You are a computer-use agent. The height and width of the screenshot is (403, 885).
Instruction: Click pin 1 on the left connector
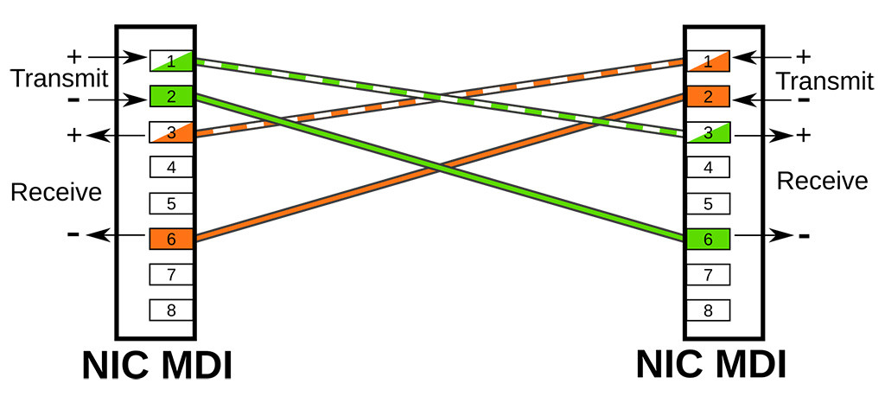tap(171, 61)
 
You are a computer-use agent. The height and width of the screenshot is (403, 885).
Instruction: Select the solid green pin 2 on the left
tap(171, 95)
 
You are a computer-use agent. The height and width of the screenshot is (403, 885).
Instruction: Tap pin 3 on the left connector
tap(171, 131)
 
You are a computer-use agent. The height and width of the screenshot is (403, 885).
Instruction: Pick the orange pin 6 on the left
tap(171, 239)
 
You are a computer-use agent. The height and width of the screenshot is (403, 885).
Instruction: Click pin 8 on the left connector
tap(171, 310)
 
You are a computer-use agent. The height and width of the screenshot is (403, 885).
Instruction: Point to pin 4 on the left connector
tap(171, 167)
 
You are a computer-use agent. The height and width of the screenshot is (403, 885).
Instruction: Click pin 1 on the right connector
tap(709, 61)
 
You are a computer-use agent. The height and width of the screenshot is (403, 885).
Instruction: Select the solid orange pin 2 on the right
tap(709, 95)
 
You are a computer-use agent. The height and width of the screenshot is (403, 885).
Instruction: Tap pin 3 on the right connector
tap(709, 131)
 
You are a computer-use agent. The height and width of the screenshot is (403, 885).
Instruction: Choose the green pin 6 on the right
tap(709, 239)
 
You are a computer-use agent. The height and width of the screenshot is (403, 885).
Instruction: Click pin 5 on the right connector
tap(709, 203)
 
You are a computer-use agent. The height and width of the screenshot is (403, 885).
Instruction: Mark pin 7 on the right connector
tap(709, 275)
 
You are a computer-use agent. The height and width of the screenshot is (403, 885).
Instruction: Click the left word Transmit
tap(59, 80)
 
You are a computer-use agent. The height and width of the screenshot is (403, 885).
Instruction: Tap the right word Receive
tap(822, 181)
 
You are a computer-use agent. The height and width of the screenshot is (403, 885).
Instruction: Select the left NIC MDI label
tap(157, 366)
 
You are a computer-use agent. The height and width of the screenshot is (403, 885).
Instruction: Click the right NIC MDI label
tap(711, 366)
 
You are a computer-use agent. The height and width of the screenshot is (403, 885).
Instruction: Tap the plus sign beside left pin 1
tap(74, 57)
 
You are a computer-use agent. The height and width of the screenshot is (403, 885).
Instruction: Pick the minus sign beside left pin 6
tap(73, 234)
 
